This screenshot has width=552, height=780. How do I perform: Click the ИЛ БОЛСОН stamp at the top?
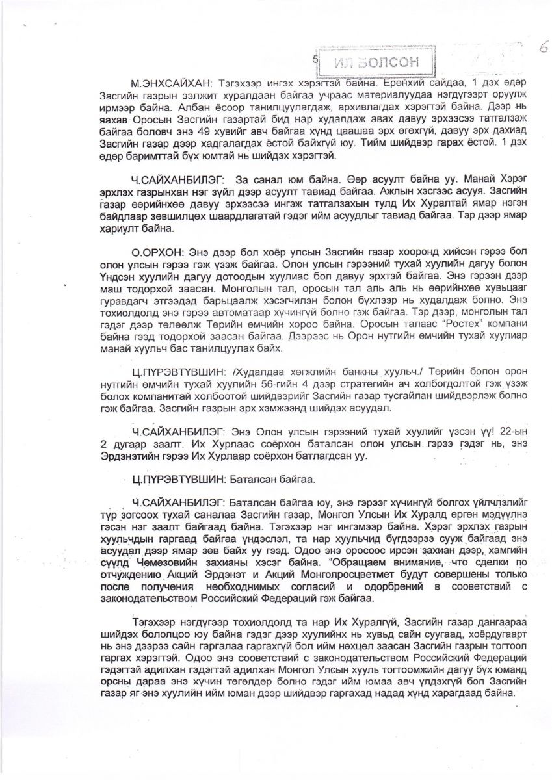click(374, 62)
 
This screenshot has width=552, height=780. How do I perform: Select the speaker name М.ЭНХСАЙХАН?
click(169, 85)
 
